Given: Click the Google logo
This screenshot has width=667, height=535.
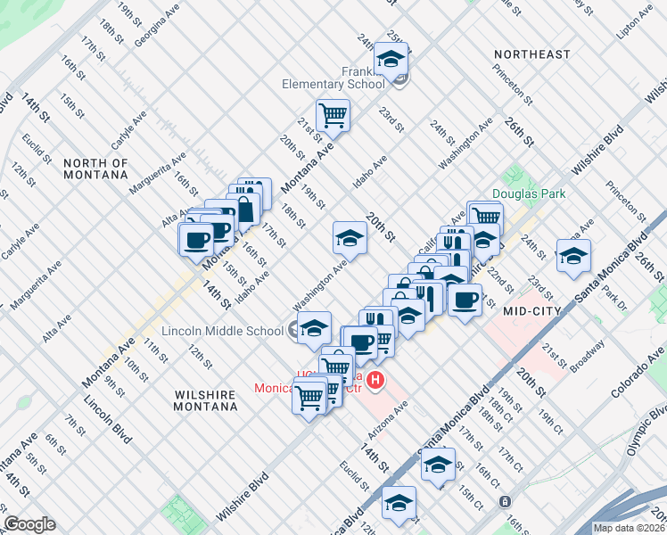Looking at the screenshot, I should (x=29, y=524).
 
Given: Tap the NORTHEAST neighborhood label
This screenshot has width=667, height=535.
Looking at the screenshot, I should (x=532, y=54).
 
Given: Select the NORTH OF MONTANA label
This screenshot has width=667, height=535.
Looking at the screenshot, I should (x=96, y=169).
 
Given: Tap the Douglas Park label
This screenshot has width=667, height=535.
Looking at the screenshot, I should (x=529, y=193).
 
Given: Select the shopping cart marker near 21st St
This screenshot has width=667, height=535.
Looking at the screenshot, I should (x=333, y=114).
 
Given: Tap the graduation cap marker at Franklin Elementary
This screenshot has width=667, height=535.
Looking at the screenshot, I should (x=391, y=60).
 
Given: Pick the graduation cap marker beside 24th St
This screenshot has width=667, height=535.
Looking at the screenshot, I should (x=573, y=256).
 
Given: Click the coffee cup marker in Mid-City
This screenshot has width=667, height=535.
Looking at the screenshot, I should (x=464, y=300).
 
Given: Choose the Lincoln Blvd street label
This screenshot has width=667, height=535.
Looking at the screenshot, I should (x=108, y=426).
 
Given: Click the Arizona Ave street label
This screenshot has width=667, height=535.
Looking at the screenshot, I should (x=388, y=416).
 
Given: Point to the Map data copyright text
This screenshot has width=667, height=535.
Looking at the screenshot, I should (x=630, y=528).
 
